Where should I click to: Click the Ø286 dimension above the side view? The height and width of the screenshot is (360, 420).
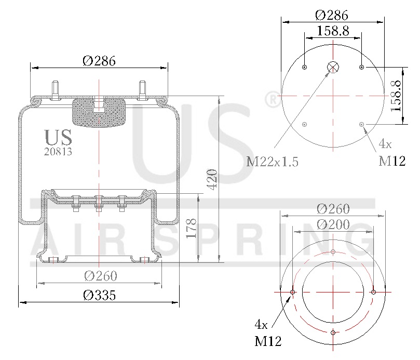click(99, 61)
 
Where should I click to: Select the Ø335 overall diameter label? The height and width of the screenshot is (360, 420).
click(99, 295)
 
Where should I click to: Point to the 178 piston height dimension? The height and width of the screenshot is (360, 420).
click(191, 229)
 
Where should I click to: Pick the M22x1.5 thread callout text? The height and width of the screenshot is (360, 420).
click(272, 162)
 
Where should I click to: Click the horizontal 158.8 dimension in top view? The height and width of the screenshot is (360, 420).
click(332, 31)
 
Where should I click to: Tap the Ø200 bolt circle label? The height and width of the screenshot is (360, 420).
click(333, 224)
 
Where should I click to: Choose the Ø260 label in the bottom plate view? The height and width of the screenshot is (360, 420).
click(333, 209)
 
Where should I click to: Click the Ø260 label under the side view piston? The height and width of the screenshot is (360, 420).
click(100, 275)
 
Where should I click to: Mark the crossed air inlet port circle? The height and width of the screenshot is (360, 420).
click(333, 68)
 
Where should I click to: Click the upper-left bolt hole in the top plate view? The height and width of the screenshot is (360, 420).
click(305, 68)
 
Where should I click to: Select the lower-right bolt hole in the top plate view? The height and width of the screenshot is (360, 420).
click(361, 124)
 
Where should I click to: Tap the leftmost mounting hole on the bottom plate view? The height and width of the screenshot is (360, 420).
click(293, 292)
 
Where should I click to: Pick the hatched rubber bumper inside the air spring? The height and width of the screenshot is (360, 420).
click(99, 112)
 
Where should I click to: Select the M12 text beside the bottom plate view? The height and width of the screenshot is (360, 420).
click(268, 341)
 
